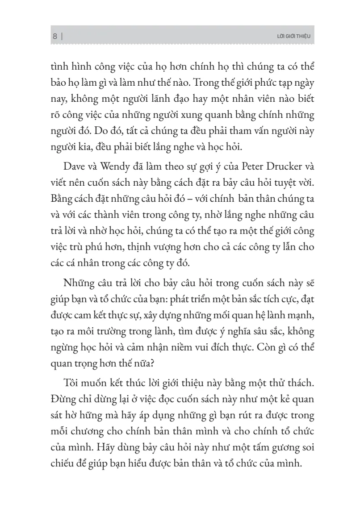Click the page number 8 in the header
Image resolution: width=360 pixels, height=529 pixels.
click(x=54, y=37)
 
